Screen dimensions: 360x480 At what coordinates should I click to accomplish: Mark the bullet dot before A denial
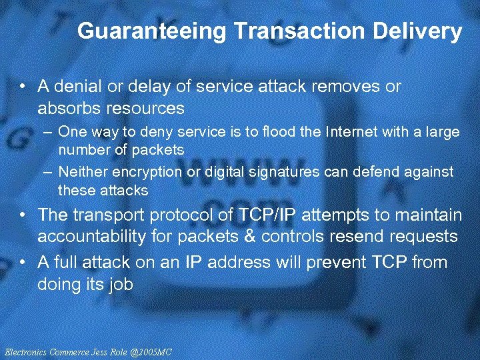pyautogui.click(x=23, y=87)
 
